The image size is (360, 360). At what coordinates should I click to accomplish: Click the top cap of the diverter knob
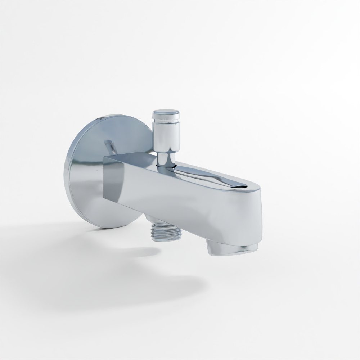pyautogui.click(x=166, y=112)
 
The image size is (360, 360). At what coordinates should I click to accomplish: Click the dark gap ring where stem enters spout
pyautogui.click(x=166, y=166)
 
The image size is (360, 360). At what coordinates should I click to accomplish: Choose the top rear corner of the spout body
pyautogui.click(x=105, y=156)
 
